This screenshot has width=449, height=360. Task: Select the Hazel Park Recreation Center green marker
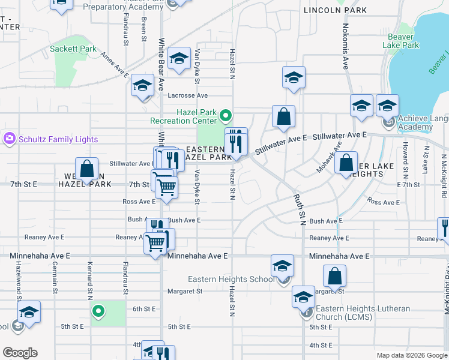[x=226, y=114]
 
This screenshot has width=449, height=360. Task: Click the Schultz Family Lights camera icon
[x=9, y=139]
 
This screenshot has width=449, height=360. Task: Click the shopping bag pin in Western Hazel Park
[x=88, y=169]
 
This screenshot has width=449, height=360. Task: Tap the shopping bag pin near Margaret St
[x=335, y=277]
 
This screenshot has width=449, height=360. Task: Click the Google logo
[x=20, y=353]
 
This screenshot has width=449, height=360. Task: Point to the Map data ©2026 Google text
[x=412, y=355]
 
